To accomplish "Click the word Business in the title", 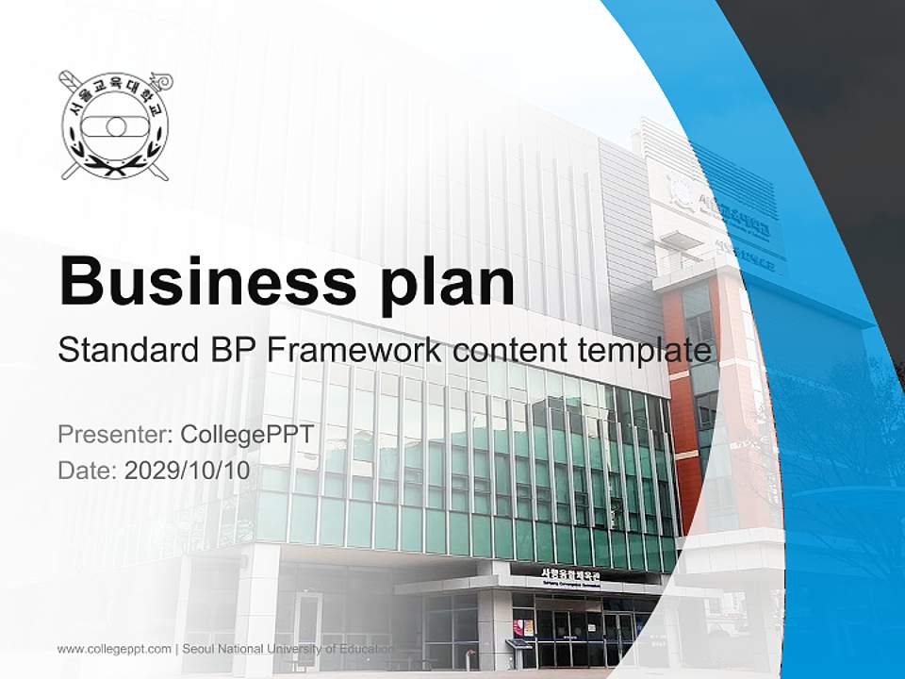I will point(196,281).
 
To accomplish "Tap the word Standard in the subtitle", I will point(124,351).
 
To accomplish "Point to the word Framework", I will point(354,351).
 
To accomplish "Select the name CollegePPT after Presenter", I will point(244,435).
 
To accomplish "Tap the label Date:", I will point(88,470).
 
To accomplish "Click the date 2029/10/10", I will point(188,470).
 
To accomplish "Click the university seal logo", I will point(114,125).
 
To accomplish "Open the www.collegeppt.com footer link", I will point(114,649).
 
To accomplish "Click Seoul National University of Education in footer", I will point(288,649).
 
